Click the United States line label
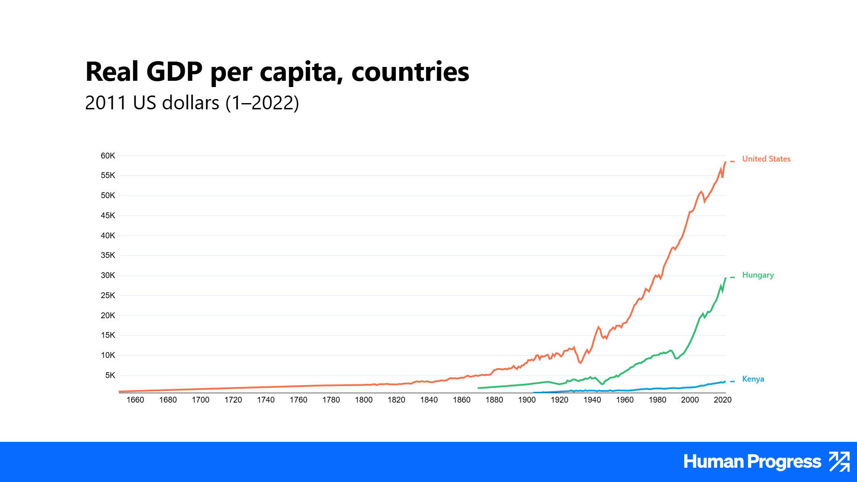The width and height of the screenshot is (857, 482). click(766, 159)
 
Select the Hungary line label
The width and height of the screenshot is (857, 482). click(758, 275)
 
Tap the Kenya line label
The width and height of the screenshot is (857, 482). click(753, 379)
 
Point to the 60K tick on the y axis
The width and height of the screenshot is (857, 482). click(108, 156)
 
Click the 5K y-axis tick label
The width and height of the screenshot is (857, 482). click(110, 375)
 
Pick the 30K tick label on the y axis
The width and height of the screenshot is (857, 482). click(108, 275)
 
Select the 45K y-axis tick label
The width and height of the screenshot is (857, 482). click(108, 216)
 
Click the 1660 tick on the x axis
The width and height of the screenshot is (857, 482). click(135, 400)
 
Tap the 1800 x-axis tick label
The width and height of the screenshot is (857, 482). click(364, 400)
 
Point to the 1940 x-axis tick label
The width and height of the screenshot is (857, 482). click(592, 400)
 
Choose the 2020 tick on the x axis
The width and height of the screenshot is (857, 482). click(723, 400)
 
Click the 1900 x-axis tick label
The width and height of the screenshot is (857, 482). click(527, 400)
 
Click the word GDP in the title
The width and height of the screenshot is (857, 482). click(175, 71)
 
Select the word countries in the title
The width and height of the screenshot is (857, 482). click(410, 71)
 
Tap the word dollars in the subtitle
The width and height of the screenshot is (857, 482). click(191, 103)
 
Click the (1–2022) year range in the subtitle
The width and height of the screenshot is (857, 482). click(262, 103)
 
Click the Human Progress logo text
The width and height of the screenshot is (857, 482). click(752, 462)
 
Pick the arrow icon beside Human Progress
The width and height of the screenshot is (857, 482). click(839, 461)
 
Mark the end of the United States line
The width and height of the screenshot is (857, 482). click(725, 162)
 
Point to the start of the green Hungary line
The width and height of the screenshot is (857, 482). click(478, 388)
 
